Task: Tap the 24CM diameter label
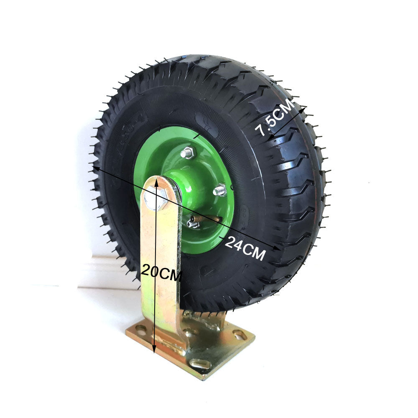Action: click(245, 248)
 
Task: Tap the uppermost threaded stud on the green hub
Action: click(188, 153)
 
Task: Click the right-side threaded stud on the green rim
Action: click(219, 191)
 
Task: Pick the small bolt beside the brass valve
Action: click(193, 224)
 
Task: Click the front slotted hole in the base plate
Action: click(200, 364)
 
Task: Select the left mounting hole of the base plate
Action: click(141, 330)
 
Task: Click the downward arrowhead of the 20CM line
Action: click(154, 349)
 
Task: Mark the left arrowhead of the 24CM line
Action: click(96, 168)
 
